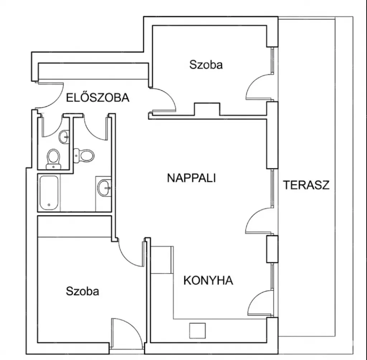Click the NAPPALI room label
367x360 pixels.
click(191, 178)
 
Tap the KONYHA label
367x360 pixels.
click(208, 280)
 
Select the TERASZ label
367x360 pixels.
click(306, 185)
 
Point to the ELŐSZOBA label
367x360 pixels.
click(97, 97)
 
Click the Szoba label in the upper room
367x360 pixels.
click(206, 64)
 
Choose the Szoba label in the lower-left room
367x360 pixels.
click(82, 291)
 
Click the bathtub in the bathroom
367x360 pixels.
click(49, 193)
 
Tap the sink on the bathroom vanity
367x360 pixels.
click(104, 188)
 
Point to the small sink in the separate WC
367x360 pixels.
click(64, 137)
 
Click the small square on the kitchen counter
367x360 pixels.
click(197, 331)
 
